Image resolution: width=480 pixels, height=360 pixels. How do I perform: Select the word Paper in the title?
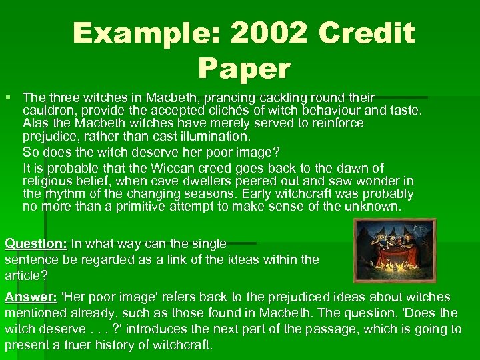coord(244,68)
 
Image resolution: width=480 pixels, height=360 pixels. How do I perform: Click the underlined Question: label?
coord(35,244)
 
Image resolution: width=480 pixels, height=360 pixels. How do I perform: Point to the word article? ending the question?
coord(26,274)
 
